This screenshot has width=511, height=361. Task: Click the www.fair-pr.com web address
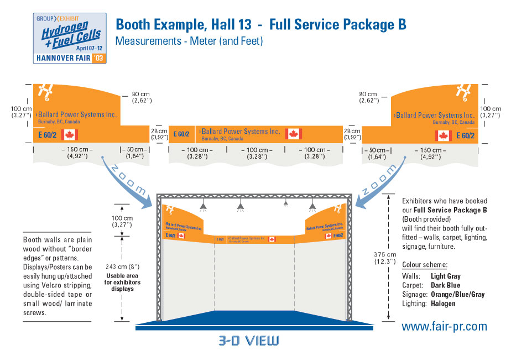pyautogui.click(x=444, y=327)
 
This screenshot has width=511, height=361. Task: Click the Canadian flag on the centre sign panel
pyautogui.click(x=293, y=133)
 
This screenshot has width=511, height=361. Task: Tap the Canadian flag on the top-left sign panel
pyautogui.click(x=70, y=134)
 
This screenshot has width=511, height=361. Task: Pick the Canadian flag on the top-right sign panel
pyautogui.click(x=443, y=135)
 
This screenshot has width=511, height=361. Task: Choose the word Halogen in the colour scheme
pyautogui.click(x=442, y=304)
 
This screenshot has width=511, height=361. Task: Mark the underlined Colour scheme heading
pyautogui.click(x=424, y=264)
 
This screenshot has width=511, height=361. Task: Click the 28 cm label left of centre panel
pyautogui.click(x=159, y=133)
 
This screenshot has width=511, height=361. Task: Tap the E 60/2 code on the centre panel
pyautogui.click(x=181, y=134)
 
